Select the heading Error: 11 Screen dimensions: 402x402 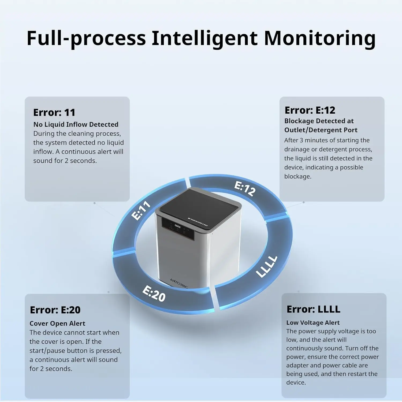[x=54, y=113]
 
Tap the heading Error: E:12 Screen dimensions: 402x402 [x=310, y=110]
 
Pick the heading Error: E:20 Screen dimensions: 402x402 [x=55, y=310]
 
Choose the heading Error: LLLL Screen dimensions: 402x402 [x=313, y=309]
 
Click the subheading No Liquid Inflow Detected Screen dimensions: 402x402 [x=76, y=124]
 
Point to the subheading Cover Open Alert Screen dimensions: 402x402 [x=57, y=323]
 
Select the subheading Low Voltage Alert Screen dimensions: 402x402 [x=313, y=322]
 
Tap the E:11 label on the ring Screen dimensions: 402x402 [x=141, y=210]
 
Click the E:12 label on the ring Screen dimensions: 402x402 [x=245, y=189]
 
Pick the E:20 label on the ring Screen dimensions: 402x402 [x=154, y=294]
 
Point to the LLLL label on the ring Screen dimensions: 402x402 [x=266, y=266]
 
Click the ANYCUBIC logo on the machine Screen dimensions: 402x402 [x=179, y=284]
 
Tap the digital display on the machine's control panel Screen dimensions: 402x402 [x=177, y=226]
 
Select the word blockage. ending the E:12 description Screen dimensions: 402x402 [x=298, y=176]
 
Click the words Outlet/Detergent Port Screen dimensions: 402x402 [x=321, y=130]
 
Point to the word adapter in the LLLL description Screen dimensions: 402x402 [x=297, y=365]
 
